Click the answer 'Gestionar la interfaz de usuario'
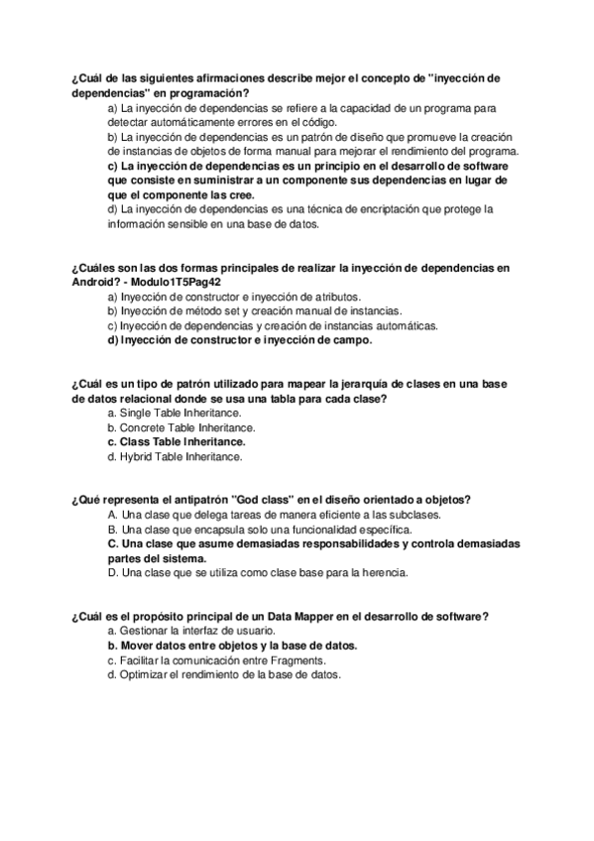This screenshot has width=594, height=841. pyautogui.click(x=189, y=631)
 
